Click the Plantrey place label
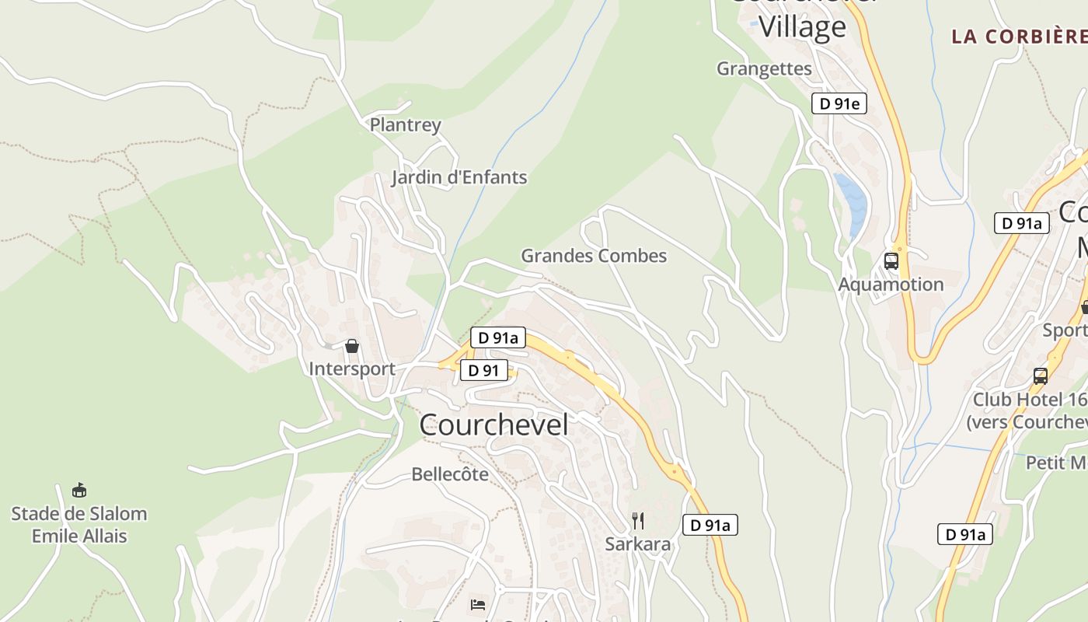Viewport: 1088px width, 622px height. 405,124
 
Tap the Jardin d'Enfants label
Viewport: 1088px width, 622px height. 459,177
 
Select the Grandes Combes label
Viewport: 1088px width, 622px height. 594,256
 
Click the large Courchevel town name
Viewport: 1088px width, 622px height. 493,425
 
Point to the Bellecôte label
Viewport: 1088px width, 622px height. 450,473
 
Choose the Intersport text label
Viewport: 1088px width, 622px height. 352,369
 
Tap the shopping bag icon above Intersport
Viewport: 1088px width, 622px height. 352,346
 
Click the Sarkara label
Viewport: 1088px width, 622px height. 637,543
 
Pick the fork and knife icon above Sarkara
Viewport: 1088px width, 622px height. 637,521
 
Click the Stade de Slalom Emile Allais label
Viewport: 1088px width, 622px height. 78,525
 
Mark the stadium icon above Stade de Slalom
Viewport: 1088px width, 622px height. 78,491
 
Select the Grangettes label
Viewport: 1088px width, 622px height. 764,68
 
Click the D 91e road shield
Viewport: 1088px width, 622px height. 839,103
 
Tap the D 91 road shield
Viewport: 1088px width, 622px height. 483,370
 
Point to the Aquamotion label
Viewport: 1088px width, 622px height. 891,285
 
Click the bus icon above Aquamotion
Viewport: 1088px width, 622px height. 891,261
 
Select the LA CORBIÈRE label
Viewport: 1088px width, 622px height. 1019,36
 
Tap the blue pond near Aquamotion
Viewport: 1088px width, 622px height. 852,202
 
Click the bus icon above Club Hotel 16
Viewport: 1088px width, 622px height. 1041,376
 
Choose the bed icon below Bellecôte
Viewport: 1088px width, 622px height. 478,604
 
